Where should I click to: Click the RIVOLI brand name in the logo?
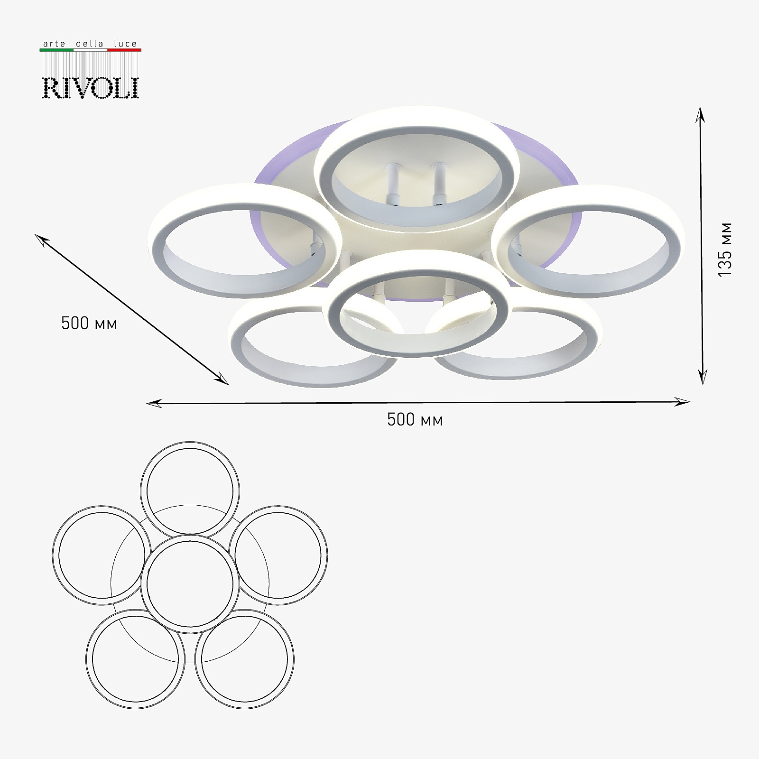(x=91, y=88)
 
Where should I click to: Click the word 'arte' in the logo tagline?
(x=54, y=44)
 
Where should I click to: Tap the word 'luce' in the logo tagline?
(x=125, y=44)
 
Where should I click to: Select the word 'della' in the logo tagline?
(x=89, y=44)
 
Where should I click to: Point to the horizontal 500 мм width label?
(x=415, y=420)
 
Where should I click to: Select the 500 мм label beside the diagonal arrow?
(x=89, y=324)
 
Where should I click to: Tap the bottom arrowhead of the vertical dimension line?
(x=703, y=378)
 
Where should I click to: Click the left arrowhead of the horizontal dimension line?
(x=154, y=404)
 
